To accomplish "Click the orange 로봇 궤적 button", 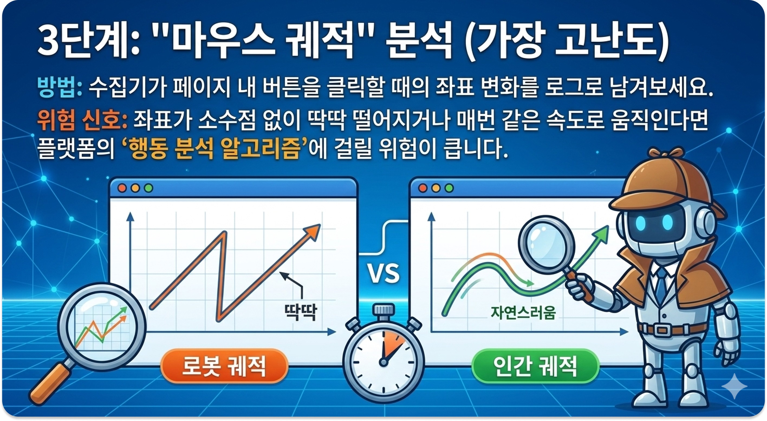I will (224, 366).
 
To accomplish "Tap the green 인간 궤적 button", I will (535, 366).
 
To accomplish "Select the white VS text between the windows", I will (384, 273).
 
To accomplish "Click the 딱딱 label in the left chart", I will (300, 312).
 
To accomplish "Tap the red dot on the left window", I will (122, 188).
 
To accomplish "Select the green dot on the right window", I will (449, 188).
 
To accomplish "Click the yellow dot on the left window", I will (135, 188).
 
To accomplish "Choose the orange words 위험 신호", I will (80, 121).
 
